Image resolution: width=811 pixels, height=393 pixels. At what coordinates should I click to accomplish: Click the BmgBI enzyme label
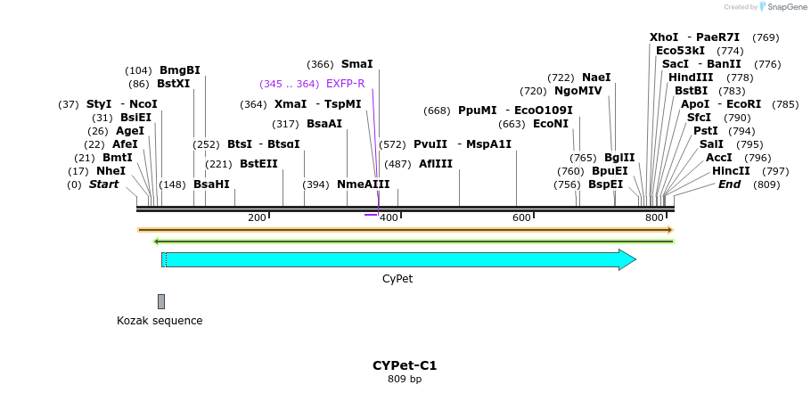coord(179,70)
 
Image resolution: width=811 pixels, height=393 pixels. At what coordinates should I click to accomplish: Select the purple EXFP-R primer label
coord(346,84)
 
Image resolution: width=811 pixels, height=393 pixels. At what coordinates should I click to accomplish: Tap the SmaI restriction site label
coord(356,64)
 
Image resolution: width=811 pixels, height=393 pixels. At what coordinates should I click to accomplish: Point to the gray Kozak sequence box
coord(161,301)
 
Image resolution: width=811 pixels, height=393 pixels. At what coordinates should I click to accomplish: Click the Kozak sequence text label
coord(160,321)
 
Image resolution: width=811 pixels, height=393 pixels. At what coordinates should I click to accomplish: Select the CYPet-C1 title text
coord(405,365)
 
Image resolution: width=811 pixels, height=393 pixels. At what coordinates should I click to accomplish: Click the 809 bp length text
coord(405,380)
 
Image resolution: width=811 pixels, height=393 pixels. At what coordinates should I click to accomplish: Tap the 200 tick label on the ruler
coord(257,218)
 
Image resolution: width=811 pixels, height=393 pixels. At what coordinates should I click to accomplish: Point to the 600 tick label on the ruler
coord(521,218)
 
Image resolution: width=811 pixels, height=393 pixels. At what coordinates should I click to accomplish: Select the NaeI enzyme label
coord(596,78)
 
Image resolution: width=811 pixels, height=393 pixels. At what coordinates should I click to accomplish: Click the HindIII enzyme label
coord(691,78)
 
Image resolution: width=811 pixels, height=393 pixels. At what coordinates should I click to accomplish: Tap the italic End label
coord(729,184)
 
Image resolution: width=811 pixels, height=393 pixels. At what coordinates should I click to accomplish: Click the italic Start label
coord(103,184)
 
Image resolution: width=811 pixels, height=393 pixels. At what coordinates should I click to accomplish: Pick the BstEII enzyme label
coord(258,164)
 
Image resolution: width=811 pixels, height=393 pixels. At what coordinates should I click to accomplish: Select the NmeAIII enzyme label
coord(363,184)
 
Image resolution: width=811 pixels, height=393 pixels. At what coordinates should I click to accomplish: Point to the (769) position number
coord(766,37)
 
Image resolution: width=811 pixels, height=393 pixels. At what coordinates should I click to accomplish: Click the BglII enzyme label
coord(619,158)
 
